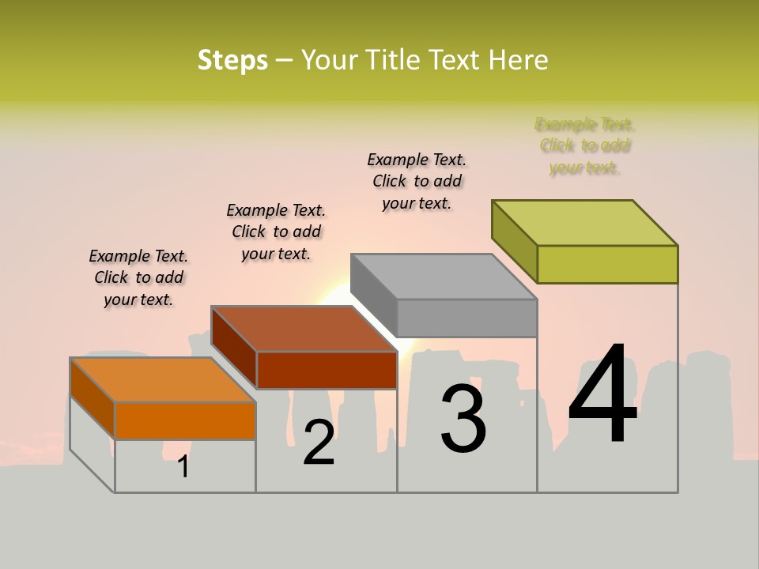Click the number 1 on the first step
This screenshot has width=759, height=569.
183,467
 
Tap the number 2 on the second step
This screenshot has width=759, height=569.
319,443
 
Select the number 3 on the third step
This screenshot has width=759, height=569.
463,419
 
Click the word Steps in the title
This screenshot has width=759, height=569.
232,60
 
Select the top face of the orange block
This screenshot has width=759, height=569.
163,380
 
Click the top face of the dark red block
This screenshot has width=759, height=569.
304,328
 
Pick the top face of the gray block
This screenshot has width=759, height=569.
444,277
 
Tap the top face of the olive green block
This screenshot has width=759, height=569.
585,223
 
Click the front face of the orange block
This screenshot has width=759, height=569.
185,420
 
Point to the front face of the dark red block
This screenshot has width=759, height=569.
327,370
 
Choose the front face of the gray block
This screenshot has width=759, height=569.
466,318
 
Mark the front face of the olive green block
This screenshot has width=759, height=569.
607,264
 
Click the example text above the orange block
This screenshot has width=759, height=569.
138,277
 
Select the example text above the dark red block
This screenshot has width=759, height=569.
276,232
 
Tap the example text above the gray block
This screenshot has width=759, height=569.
417,181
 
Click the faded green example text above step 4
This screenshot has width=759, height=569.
585,145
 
